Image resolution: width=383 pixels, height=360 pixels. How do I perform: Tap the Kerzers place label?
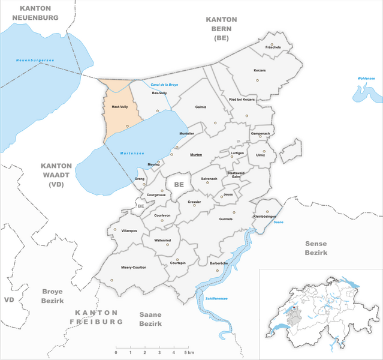coord(259,71)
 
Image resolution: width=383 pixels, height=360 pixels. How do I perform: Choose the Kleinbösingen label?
coord(264,215)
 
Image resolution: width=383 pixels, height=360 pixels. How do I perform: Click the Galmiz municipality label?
coord(201,107)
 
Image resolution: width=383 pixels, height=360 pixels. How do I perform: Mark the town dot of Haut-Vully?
coord(127,126)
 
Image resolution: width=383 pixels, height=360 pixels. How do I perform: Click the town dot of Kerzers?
coord(257,80)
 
